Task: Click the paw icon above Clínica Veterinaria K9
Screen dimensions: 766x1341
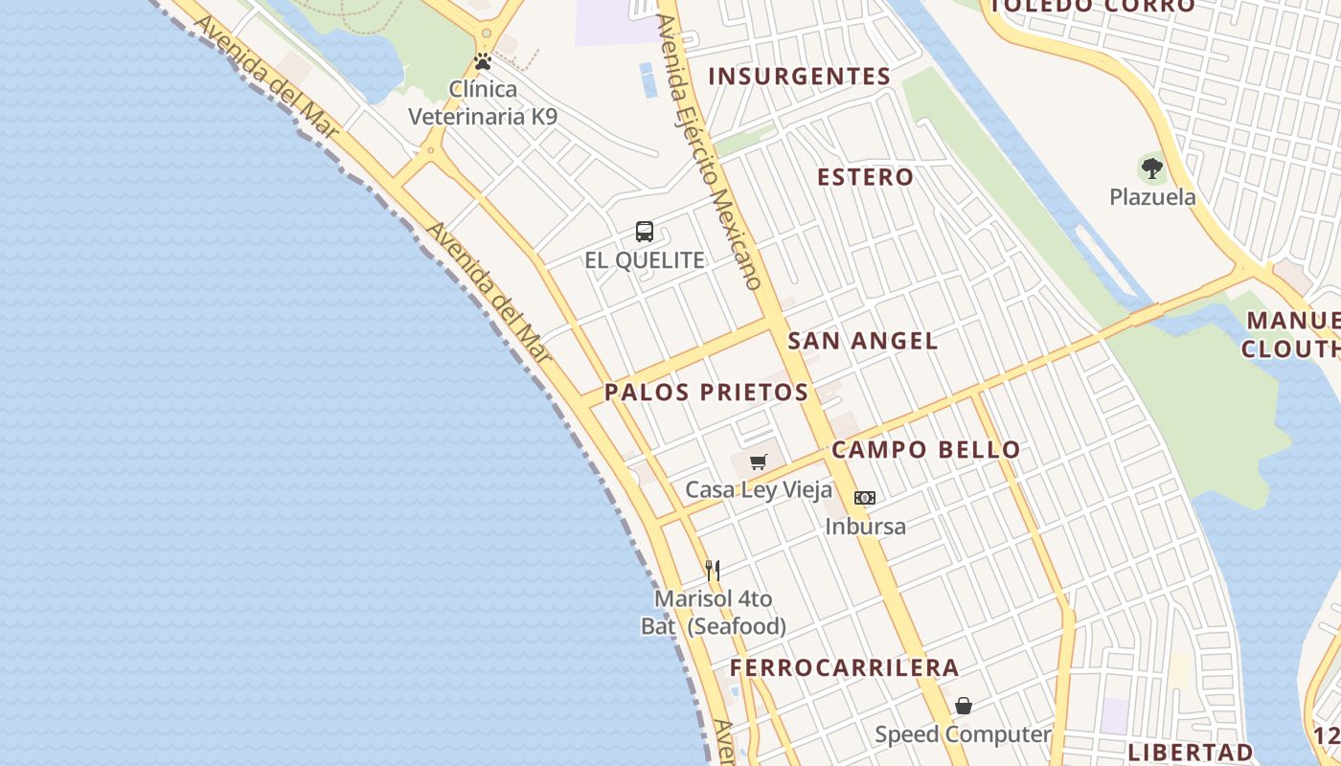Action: click(x=483, y=62)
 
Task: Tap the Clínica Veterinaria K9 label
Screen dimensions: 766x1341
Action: click(x=483, y=103)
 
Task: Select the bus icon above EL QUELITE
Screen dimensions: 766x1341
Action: click(x=645, y=232)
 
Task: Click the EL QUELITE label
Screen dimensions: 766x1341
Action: click(x=645, y=260)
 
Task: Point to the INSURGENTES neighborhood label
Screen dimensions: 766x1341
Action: click(x=799, y=77)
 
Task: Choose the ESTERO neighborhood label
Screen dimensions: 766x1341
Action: click(x=865, y=177)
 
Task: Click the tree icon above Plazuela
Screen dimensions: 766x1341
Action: click(x=1152, y=169)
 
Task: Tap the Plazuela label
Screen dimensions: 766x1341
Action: click(x=1152, y=197)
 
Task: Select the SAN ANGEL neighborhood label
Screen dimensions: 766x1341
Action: click(x=862, y=341)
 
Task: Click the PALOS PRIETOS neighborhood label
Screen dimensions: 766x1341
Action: click(x=706, y=392)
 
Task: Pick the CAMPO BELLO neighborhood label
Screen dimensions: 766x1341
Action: click(x=925, y=450)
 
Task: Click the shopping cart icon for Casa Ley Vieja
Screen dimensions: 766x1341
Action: click(x=759, y=462)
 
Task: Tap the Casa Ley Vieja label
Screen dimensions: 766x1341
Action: click(x=759, y=490)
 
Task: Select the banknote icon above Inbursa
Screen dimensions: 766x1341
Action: click(x=865, y=498)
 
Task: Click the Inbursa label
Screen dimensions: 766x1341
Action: click(x=865, y=526)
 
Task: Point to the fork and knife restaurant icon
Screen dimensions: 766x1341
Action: click(x=713, y=571)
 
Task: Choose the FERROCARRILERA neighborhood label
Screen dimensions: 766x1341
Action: click(x=844, y=668)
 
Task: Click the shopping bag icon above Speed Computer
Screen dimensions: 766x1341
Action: click(x=964, y=707)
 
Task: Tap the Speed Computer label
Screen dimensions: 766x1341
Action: click(x=963, y=734)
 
